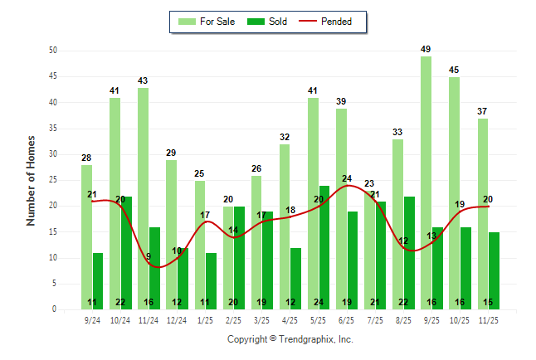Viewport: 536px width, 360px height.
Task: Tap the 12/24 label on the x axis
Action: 177,319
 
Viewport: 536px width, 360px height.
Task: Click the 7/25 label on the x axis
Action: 375,319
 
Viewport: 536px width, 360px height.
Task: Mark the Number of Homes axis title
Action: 32,180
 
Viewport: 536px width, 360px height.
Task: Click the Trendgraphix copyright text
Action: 290,339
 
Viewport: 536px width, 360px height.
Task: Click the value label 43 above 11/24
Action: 143,80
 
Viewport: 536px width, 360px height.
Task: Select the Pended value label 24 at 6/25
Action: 347,178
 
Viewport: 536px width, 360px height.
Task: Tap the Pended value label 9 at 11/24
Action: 149,256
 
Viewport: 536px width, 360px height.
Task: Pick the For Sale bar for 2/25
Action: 228,258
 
